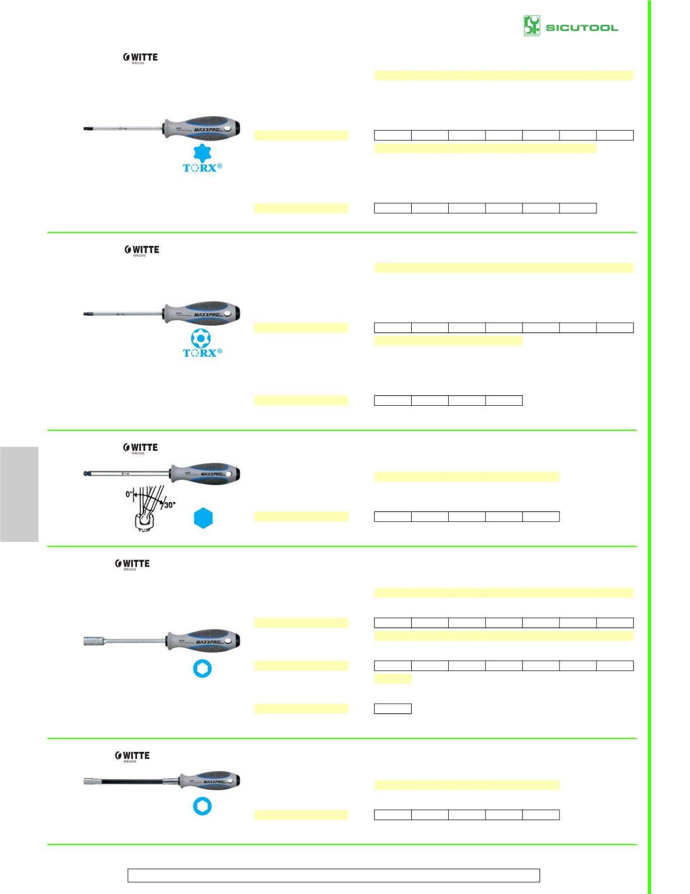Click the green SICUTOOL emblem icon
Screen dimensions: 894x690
(532, 26)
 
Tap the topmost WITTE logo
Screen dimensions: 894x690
(141, 58)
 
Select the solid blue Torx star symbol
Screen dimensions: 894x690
(202, 153)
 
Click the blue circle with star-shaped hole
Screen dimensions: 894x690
(202, 338)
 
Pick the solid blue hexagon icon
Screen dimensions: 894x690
(203, 518)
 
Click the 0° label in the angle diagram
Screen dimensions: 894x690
(130, 493)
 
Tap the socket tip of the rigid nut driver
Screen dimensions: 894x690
(93, 642)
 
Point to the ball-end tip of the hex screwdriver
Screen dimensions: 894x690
(85, 474)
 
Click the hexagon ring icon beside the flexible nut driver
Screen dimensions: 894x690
(202, 806)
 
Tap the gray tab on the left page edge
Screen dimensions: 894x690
(19, 494)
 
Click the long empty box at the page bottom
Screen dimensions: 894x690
(333, 875)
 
